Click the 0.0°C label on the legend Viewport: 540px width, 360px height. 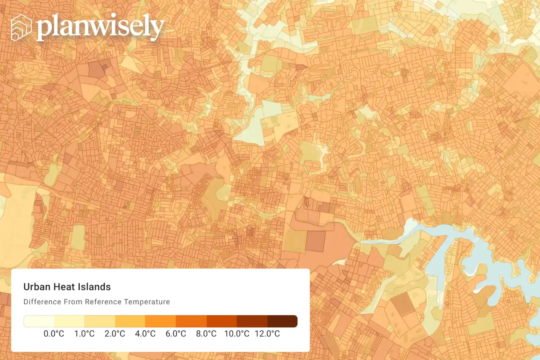[54, 334]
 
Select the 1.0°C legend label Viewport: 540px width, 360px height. [84, 334]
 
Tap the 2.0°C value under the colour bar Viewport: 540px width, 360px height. [115, 334]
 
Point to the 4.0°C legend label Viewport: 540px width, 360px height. [145, 334]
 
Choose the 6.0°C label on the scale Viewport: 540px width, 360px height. [176, 334]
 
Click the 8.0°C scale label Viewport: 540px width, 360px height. [206, 334]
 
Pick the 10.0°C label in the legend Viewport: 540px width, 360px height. [237, 334]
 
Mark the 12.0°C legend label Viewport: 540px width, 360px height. [267, 334]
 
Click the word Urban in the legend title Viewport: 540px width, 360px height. [37, 287]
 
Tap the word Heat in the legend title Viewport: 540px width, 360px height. [64, 287]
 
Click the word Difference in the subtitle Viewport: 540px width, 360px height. [42, 302]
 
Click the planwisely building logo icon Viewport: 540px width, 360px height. [21, 27]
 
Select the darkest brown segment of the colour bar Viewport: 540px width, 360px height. [282, 321]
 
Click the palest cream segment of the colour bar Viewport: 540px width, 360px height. [39, 321]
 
